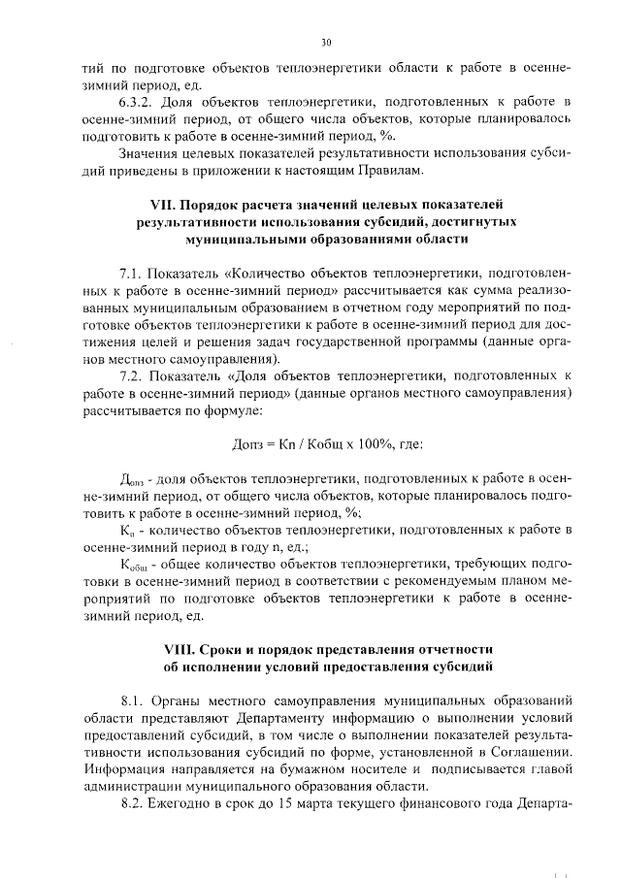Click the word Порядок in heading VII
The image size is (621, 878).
coord(218,204)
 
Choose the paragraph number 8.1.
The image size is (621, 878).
coord(132,699)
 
